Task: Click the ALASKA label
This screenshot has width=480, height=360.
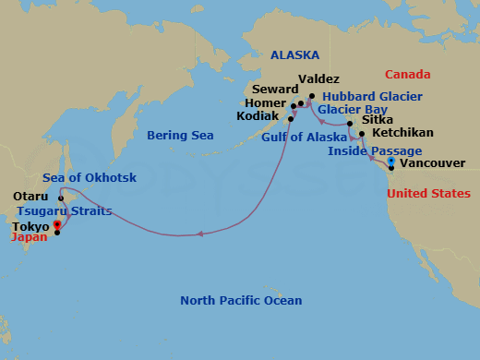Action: (294, 55)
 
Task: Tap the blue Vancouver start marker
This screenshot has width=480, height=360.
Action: (391, 162)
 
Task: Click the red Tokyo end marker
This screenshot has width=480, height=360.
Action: (56, 223)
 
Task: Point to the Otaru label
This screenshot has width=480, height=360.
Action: (30, 197)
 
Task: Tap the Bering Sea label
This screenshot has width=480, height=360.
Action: (180, 136)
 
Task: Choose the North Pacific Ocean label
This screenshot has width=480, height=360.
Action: (241, 301)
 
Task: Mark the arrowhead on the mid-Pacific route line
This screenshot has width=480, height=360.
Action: (200, 234)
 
